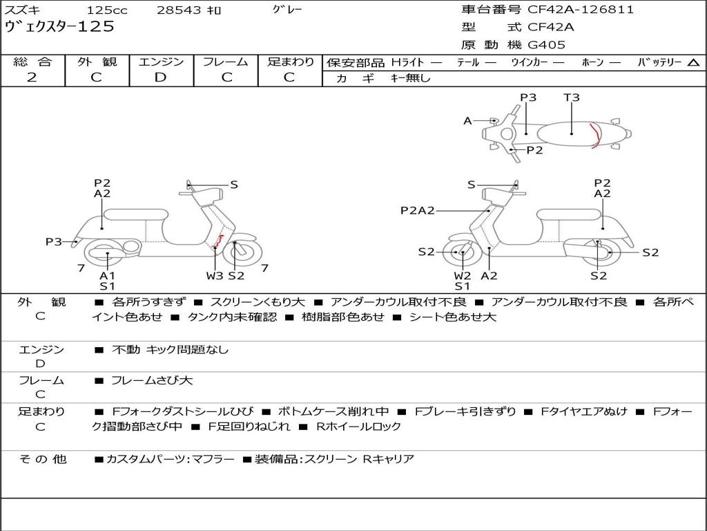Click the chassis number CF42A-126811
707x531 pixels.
[x=581, y=10]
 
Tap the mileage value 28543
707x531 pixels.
[x=179, y=10]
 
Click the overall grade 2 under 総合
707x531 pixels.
[x=32, y=77]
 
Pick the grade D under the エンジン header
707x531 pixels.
[x=160, y=77]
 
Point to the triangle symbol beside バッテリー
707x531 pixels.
[x=693, y=63]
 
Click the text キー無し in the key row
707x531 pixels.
[x=411, y=78]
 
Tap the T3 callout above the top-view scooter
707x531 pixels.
[x=571, y=97]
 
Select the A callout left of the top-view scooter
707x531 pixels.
[x=467, y=120]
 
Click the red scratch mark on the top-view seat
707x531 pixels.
[x=596, y=136]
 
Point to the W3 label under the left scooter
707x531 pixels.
[x=215, y=275]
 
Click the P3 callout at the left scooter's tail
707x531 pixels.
[x=54, y=241]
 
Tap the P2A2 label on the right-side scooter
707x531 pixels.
[x=418, y=210]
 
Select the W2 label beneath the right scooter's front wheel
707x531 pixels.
[x=462, y=275]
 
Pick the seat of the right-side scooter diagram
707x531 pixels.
[x=569, y=214]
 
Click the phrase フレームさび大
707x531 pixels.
[x=152, y=380]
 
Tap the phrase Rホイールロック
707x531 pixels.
[x=358, y=426]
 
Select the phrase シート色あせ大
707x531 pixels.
[x=453, y=317]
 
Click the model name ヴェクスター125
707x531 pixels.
[x=59, y=26]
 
